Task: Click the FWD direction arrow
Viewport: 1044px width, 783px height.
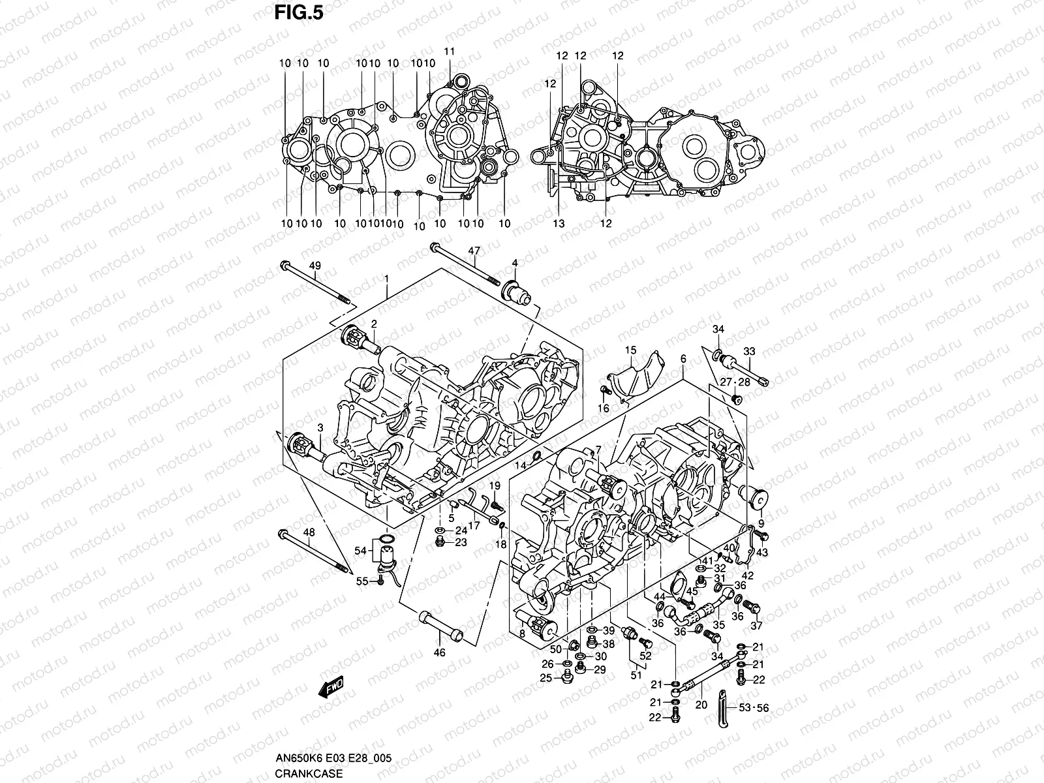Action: pos(331,687)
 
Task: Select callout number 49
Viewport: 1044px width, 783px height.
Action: pos(315,265)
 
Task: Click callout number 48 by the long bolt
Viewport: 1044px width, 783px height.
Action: pos(309,532)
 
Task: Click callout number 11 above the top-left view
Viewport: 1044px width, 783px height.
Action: pos(449,52)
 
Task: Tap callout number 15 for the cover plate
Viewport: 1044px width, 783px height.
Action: pos(630,350)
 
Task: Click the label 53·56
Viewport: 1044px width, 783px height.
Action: pos(754,707)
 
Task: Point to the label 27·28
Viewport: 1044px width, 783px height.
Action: pos(735,382)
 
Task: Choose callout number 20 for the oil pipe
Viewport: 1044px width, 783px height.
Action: pos(701,705)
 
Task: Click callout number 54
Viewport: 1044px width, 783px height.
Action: pos(360,551)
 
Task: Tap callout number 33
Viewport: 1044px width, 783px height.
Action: pos(749,351)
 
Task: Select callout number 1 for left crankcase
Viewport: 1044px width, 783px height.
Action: pos(386,278)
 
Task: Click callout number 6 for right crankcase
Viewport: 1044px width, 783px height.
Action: pos(683,359)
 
